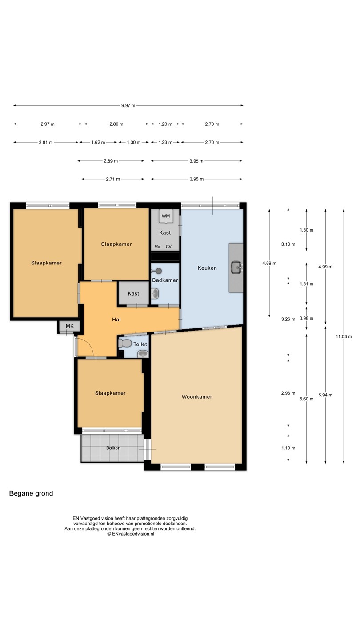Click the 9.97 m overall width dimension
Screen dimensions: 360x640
[128, 105]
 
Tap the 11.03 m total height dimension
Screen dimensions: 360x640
[344, 336]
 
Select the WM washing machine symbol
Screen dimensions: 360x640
[166, 216]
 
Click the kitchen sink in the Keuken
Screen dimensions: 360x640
[236, 268]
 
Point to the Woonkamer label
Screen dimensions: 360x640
[197, 396]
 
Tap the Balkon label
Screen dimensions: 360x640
[113, 448]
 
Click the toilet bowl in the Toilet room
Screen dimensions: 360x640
[125, 343]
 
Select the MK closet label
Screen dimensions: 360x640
[70, 326]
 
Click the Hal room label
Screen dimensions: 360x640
[116, 320]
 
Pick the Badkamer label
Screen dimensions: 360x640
[165, 280]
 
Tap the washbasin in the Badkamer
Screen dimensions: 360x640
[155, 293]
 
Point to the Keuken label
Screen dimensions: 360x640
[207, 268]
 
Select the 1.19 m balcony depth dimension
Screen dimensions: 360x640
[288, 448]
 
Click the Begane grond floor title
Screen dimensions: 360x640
[31, 493]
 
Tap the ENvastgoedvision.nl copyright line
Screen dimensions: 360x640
[131, 534]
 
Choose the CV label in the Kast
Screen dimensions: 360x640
[168, 247]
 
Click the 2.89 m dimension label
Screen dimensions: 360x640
[111, 161]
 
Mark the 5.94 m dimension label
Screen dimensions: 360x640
[325, 395]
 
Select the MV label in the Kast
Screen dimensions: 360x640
[157, 247]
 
